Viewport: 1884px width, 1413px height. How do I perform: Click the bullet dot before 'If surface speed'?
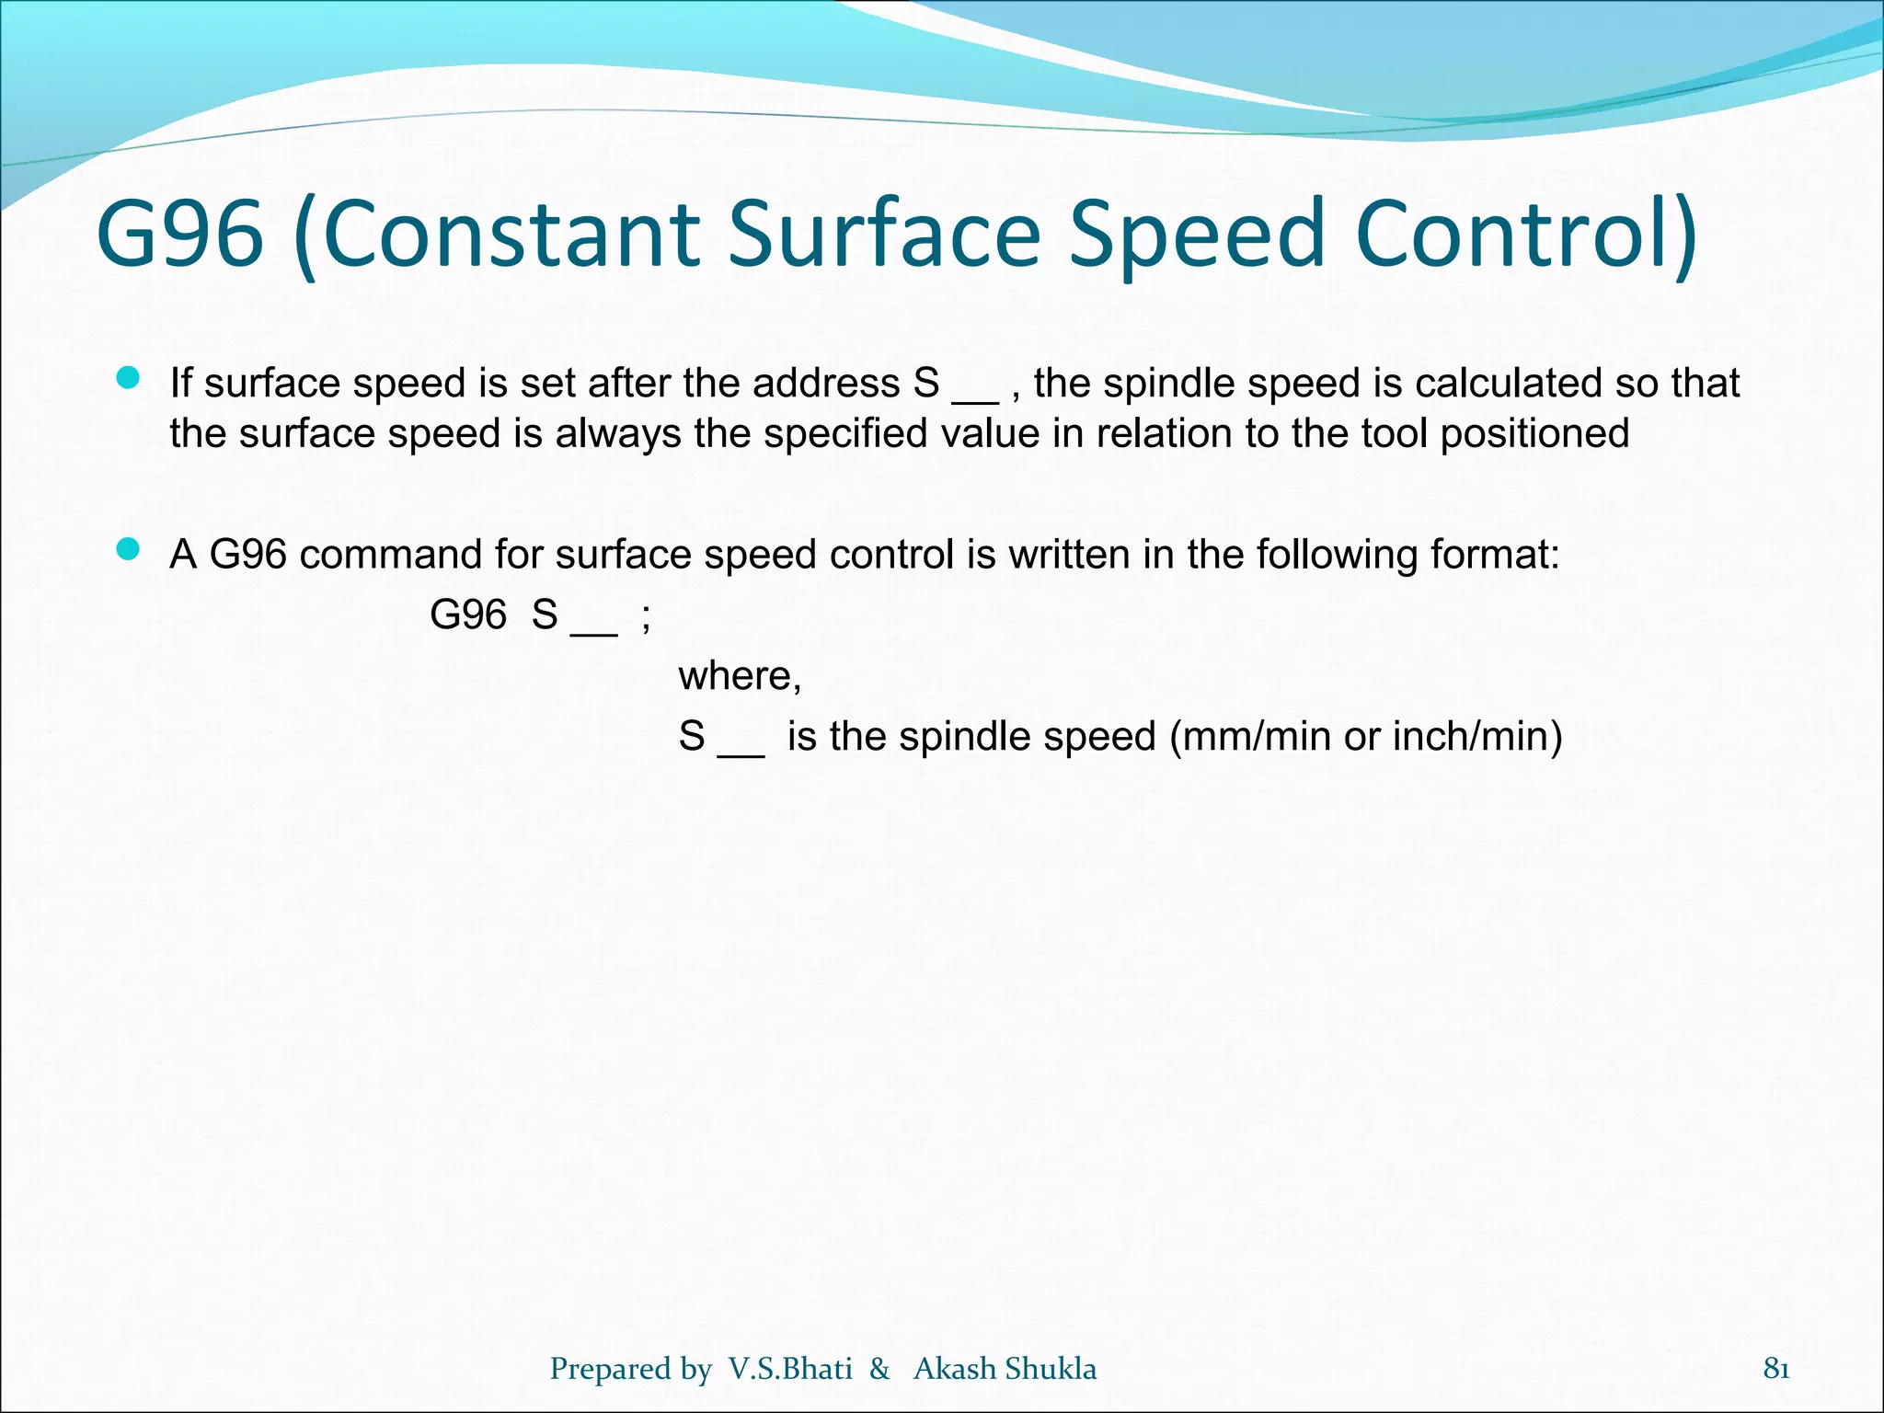(x=128, y=378)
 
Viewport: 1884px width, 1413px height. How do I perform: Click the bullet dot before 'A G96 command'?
(x=128, y=550)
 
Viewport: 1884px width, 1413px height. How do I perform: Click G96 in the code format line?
(x=467, y=615)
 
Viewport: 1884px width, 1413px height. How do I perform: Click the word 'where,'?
(x=740, y=676)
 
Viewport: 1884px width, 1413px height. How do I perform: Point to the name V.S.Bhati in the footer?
(x=789, y=1369)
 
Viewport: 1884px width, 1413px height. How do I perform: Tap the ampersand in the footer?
(x=879, y=1369)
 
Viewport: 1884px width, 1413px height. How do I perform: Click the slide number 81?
(x=1775, y=1369)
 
